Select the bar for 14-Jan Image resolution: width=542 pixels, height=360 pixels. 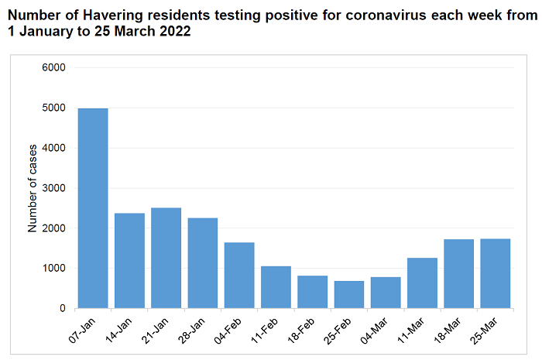(x=129, y=260)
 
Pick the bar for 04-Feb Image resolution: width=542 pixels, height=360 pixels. (x=239, y=275)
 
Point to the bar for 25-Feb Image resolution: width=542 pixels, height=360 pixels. (x=349, y=294)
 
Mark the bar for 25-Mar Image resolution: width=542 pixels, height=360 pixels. (x=496, y=273)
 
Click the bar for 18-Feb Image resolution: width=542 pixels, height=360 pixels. (x=313, y=292)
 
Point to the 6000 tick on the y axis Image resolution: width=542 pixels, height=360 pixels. (x=53, y=67)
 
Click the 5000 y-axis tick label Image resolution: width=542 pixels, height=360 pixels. (x=53, y=108)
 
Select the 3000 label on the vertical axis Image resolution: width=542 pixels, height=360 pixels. (x=53, y=188)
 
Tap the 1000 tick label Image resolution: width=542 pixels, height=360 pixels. (x=53, y=269)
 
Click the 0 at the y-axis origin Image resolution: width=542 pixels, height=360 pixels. (x=62, y=309)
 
